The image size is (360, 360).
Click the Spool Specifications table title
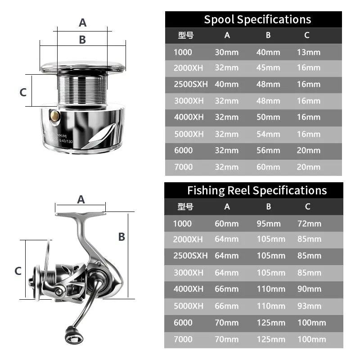257,19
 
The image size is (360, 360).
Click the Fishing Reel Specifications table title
257,190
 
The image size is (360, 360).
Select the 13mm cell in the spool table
309,52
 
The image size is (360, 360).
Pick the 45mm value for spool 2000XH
268,68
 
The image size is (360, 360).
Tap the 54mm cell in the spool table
268,134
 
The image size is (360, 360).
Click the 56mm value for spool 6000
268,151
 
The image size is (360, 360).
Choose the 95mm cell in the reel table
269,224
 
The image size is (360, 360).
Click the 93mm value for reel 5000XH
310,306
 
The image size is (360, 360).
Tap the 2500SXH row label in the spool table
190,84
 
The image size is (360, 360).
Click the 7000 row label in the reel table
183,339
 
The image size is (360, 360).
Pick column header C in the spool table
307,35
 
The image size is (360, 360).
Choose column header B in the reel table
269,207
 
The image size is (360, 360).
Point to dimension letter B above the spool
82,40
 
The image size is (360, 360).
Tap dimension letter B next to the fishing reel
121,237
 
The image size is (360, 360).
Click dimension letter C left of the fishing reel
18,271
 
